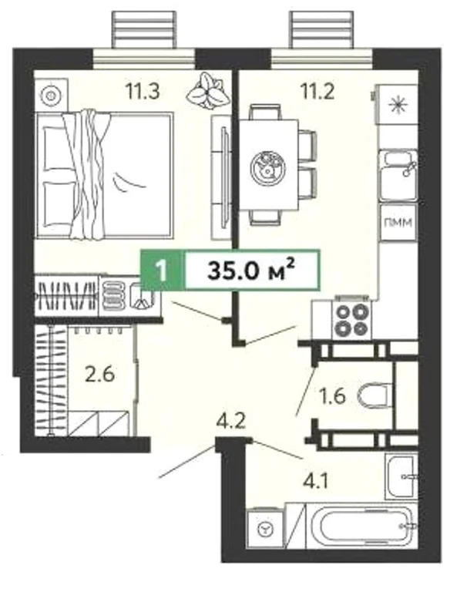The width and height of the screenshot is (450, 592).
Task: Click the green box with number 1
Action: click(161, 271)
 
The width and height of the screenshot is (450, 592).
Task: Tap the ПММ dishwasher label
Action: click(397, 224)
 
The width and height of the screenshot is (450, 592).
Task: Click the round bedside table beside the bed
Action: click(51, 95)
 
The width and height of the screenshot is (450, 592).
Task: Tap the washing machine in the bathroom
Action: click(266, 530)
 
